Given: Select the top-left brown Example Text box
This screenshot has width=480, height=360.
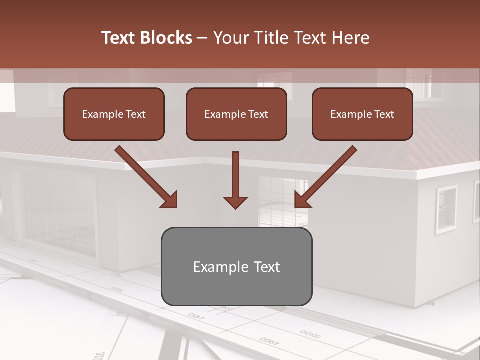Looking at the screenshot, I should coord(114,114).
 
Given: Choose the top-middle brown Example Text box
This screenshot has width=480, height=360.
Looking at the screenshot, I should coord(236,114).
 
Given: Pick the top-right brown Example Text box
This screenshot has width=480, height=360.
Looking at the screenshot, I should coord(362,114).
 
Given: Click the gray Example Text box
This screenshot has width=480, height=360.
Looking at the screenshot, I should coord(236,266).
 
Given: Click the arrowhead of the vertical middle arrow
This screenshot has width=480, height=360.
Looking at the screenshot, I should coord(235,202).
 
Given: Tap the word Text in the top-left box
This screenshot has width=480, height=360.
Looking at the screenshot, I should coord(135,114).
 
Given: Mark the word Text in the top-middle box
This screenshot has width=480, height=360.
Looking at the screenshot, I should coord(258,114).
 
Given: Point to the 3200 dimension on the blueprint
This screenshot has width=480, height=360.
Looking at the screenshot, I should coord(310,333).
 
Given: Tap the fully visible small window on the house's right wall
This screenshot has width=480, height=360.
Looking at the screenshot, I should coord(446,209).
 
